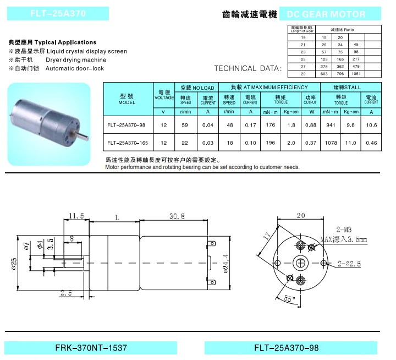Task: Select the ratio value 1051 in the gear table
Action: click(356, 73)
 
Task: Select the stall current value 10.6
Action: click(371, 125)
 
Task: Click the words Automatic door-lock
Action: click(74, 69)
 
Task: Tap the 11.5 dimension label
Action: click(78, 214)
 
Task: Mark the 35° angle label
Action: click(289, 299)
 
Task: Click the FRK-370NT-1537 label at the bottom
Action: click(91, 348)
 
